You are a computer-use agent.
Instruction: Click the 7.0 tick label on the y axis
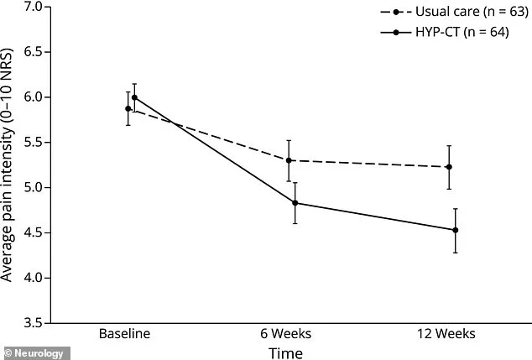click(34, 8)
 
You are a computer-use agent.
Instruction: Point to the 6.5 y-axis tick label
click(34, 52)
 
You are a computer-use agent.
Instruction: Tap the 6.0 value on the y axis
click(34, 97)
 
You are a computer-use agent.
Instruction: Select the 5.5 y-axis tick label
click(34, 143)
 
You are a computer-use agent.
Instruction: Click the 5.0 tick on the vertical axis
click(34, 187)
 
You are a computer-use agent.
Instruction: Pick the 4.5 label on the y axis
click(34, 232)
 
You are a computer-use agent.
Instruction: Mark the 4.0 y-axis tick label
click(34, 278)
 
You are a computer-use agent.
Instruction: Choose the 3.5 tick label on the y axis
click(34, 322)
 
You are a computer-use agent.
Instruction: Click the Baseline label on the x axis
click(123, 333)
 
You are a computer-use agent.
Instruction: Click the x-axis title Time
click(286, 353)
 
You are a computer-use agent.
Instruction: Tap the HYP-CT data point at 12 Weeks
click(455, 230)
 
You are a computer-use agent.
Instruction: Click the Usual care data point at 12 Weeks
click(449, 167)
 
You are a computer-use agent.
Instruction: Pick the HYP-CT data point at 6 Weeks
click(295, 203)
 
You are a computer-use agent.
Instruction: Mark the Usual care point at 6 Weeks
click(289, 160)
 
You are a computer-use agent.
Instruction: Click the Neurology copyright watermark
click(34, 353)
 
